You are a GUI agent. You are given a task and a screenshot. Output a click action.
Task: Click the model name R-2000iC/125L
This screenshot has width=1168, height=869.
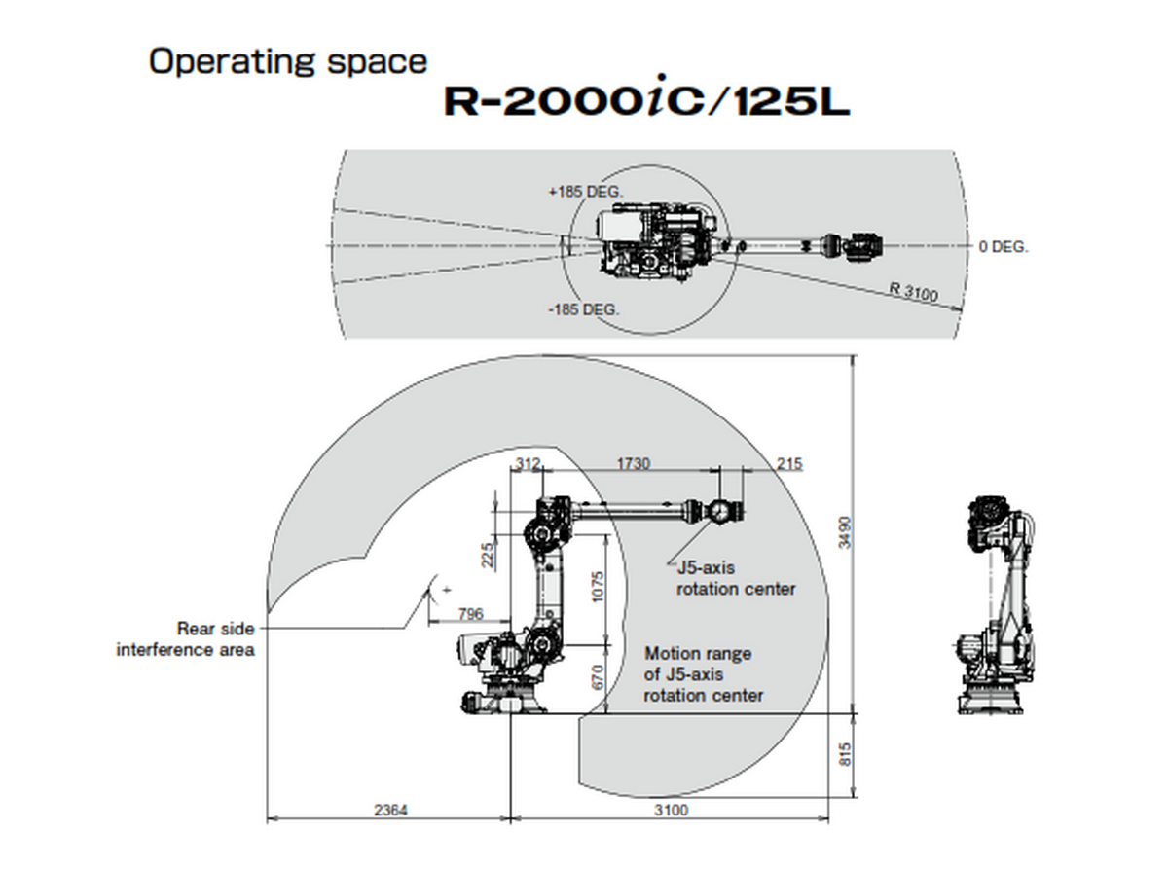[646, 101]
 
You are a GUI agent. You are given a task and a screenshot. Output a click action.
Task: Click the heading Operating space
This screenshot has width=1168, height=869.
[288, 61]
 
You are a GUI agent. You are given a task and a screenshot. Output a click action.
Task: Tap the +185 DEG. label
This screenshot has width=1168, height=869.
[585, 192]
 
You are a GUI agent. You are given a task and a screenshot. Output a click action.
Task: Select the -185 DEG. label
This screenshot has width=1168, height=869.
[584, 309]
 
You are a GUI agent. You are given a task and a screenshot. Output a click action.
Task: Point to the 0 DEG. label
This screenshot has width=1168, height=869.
[1003, 247]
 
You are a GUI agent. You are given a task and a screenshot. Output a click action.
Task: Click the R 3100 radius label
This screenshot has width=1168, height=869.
[914, 292]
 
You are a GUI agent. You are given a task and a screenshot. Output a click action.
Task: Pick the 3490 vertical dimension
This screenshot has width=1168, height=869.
[845, 532]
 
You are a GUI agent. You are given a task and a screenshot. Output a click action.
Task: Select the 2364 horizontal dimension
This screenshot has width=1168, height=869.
[388, 811]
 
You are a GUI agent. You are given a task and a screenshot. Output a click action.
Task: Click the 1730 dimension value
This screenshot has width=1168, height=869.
[634, 464]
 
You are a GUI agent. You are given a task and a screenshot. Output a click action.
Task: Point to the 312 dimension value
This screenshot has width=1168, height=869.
[527, 464]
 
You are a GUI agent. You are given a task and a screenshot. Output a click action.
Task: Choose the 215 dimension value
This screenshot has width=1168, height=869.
[789, 464]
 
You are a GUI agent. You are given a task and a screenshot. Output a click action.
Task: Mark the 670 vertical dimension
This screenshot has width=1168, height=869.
[598, 677]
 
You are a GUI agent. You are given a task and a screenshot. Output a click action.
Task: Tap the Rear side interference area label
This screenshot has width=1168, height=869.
[186, 639]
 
